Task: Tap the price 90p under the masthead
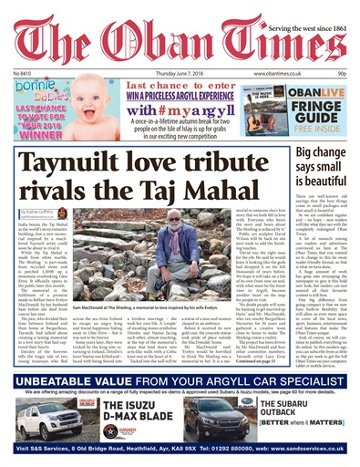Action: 342,72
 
